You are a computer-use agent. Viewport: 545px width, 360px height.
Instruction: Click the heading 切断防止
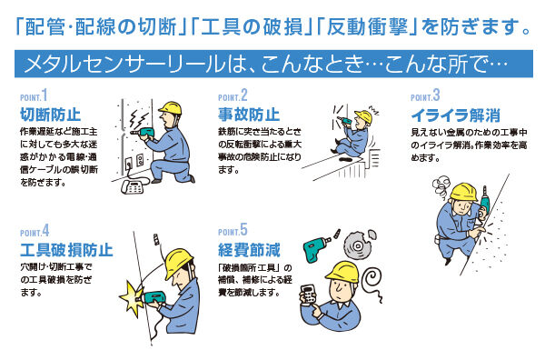[50, 115]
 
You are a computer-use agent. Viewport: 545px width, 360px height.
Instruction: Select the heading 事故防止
[249, 115]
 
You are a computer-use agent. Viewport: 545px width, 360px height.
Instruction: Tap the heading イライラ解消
[456, 115]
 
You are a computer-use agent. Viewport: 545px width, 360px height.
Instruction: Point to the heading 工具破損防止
[66, 250]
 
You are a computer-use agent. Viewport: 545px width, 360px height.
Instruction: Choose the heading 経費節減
[249, 250]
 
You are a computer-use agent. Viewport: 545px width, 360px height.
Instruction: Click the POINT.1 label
[34, 95]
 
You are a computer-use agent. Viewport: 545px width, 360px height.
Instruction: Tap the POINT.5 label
[233, 230]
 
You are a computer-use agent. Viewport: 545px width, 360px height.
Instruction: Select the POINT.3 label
[425, 95]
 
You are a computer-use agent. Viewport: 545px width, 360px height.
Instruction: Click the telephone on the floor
[133, 186]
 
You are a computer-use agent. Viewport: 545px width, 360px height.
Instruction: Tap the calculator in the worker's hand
[308, 295]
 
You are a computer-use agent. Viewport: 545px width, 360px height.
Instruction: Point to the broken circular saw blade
[359, 245]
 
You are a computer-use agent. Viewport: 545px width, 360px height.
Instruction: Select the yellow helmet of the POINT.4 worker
[178, 262]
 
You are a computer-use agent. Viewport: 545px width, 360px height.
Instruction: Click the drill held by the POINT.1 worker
[144, 132]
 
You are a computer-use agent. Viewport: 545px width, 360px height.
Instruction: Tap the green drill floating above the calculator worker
[316, 247]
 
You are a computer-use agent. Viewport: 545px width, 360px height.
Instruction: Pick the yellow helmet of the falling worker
[363, 116]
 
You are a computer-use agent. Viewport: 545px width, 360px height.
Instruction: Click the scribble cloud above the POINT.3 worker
[441, 187]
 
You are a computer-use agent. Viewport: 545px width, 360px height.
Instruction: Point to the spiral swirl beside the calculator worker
[372, 282]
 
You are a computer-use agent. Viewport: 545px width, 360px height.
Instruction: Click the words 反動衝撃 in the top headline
[367, 26]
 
